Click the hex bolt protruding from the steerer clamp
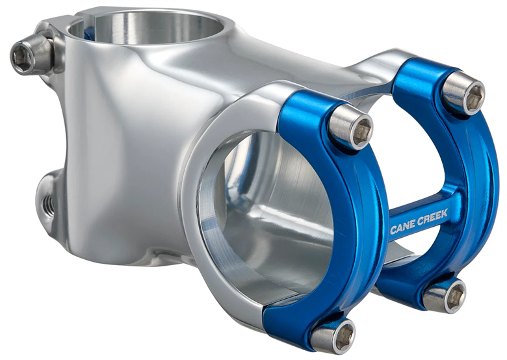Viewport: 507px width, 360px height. [x=24, y=57]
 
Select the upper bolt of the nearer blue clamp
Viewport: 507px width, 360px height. [x=352, y=127]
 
